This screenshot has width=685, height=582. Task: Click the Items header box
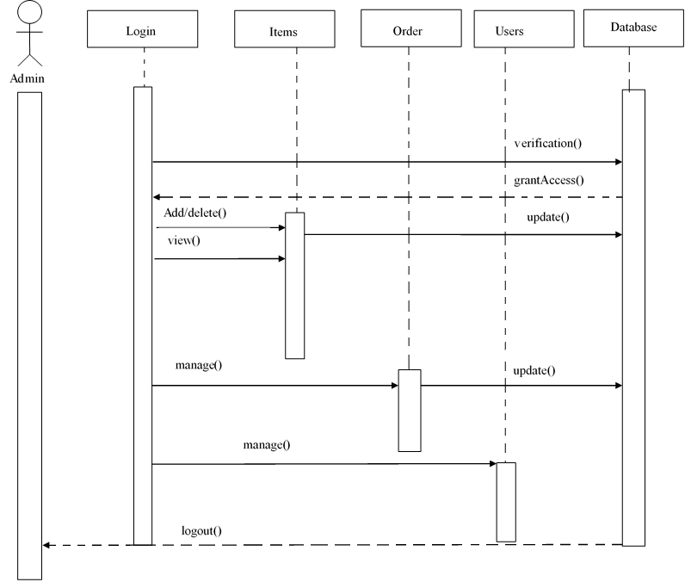[283, 31]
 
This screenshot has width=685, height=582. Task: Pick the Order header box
[407, 30]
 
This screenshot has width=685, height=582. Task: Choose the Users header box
[509, 31]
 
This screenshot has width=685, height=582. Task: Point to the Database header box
[633, 28]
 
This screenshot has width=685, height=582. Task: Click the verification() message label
[546, 143]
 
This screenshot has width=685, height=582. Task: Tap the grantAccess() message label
[549, 180]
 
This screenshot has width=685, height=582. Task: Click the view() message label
[183, 239]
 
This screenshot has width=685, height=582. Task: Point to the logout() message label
[201, 529]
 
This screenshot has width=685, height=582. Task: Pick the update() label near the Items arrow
[547, 216]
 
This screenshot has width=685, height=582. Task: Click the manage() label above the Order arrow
[198, 364]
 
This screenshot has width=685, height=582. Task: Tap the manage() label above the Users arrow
[266, 445]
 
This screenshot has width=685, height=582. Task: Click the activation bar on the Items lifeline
[295, 284]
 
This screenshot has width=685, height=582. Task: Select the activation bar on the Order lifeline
[409, 410]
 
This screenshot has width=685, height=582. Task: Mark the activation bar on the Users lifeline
[505, 501]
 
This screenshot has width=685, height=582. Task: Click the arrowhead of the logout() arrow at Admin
[48, 545]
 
